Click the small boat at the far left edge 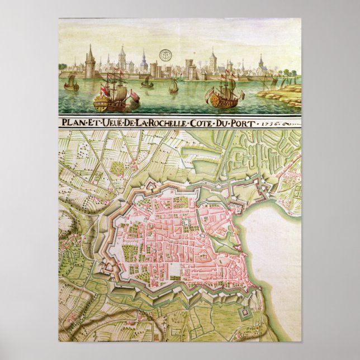pyautogui.click(x=72, y=85)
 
